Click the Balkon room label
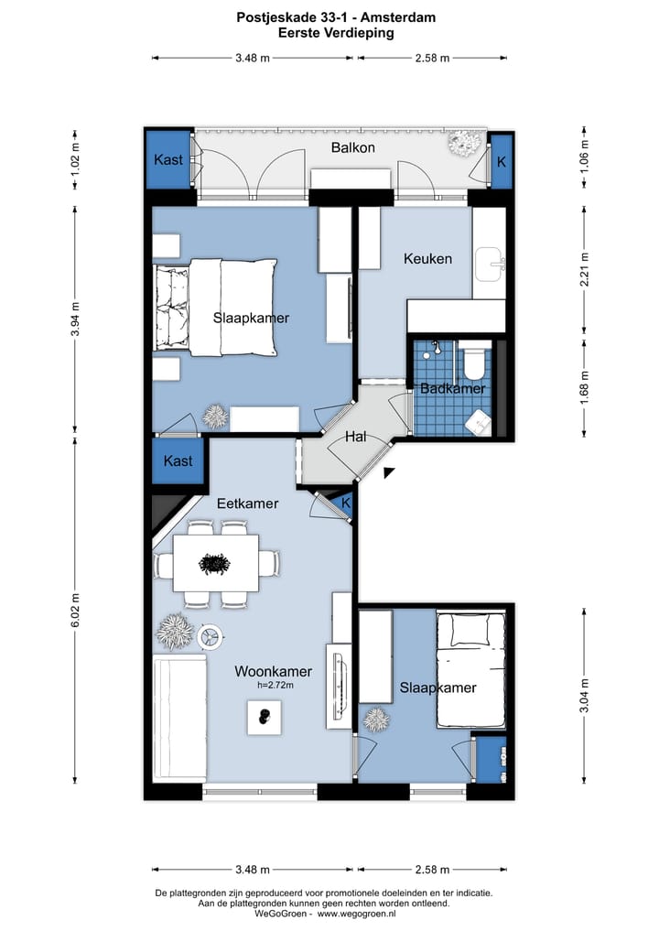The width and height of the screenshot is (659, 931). (352, 148)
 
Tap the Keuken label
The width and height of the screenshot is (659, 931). (427, 259)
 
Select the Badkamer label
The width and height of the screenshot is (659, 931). (452, 388)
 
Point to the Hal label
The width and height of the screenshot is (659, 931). (356, 437)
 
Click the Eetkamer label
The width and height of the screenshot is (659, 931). (247, 503)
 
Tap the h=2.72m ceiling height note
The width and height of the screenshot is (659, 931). (275, 685)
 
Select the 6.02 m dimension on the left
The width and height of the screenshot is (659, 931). (75, 610)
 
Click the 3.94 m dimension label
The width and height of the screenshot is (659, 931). (75, 319)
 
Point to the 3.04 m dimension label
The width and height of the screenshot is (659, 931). (584, 696)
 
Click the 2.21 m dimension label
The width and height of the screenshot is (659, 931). (584, 268)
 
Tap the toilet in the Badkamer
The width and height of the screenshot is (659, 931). (475, 361)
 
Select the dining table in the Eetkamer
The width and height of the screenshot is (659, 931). (215, 563)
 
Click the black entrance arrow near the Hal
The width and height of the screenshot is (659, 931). (389, 472)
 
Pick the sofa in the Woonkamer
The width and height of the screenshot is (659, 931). (180, 719)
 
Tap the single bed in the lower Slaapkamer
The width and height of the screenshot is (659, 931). (471, 670)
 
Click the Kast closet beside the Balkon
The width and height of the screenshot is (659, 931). (169, 159)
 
